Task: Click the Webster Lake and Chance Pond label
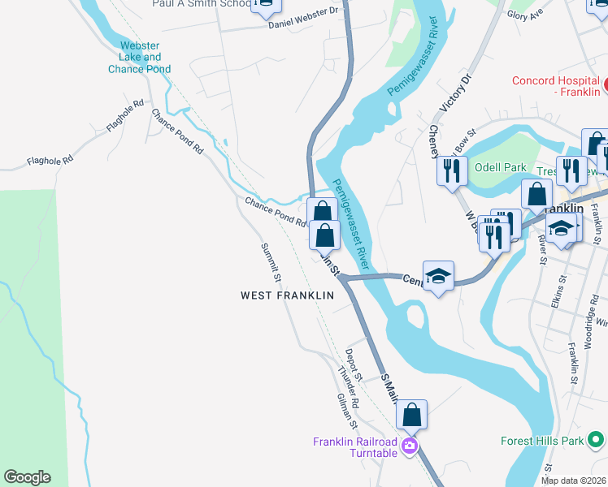140,58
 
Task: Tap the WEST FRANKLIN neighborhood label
287,295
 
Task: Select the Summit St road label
271,263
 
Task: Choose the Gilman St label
347,412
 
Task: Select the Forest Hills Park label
542,442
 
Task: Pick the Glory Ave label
547,15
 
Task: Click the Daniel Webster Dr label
304,17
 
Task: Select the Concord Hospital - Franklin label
556,86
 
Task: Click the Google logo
28,477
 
